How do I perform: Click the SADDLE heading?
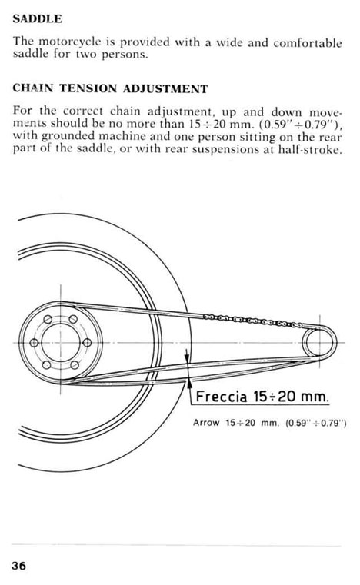pos(38,18)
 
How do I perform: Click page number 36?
pos(19,566)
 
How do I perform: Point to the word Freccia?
pos(221,396)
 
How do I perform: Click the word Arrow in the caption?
pos(205,423)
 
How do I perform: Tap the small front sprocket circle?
pos(319,342)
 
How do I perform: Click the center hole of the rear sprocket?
pos(61,343)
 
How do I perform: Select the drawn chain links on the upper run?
pos(253,321)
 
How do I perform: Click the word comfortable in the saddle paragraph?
pos(308,42)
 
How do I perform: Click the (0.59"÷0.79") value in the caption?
pos(316,423)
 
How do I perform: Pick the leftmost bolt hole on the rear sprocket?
pos(34,343)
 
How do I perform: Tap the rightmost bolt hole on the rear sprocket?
pos(87,343)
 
